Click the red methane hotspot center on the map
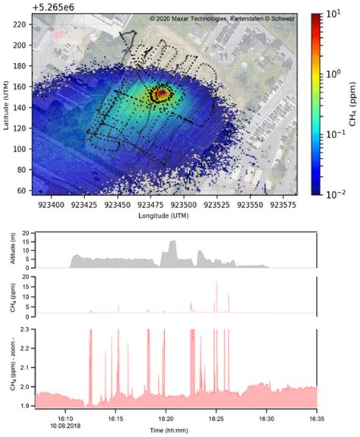[162, 93]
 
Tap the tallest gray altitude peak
[172, 242]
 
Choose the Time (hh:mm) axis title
[177, 430]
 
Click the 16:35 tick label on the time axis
[316, 417]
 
